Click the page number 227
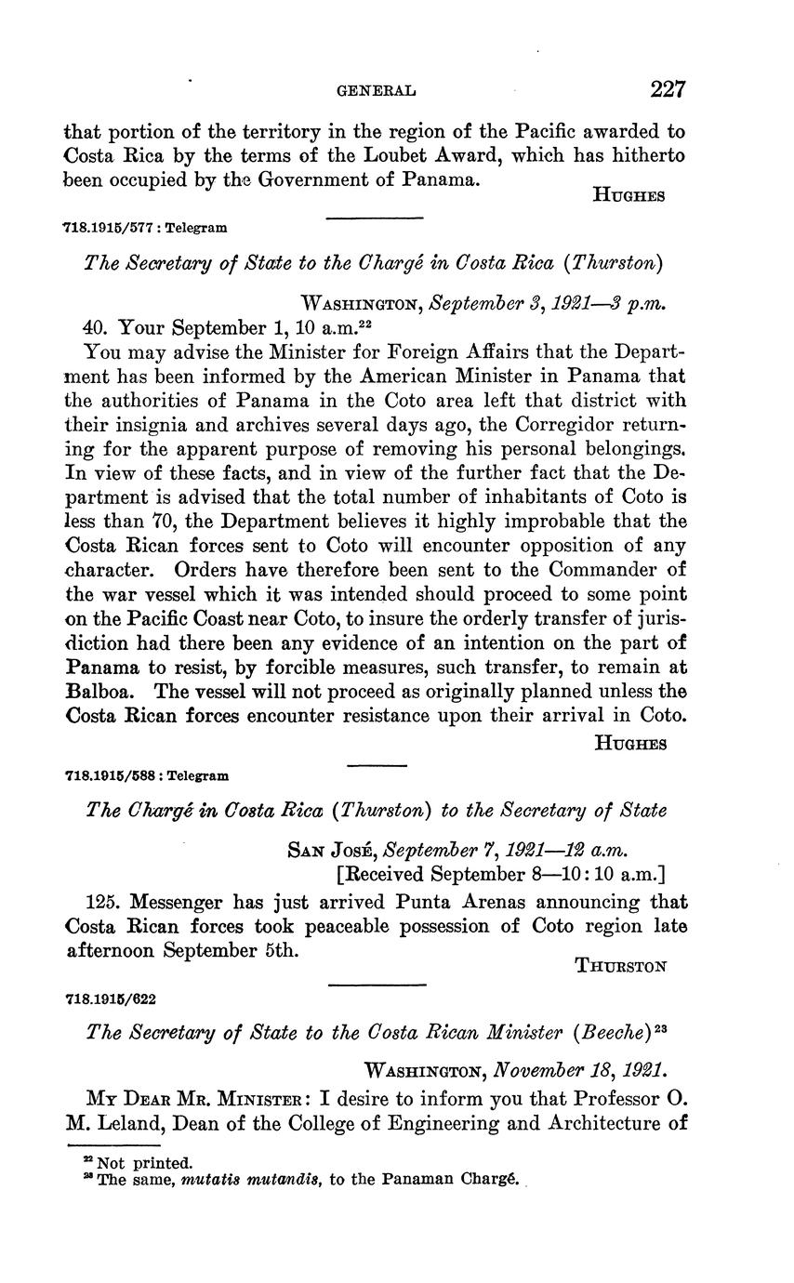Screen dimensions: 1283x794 (x=668, y=89)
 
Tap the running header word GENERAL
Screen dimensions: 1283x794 (x=375, y=91)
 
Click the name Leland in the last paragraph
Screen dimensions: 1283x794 (x=125, y=1123)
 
